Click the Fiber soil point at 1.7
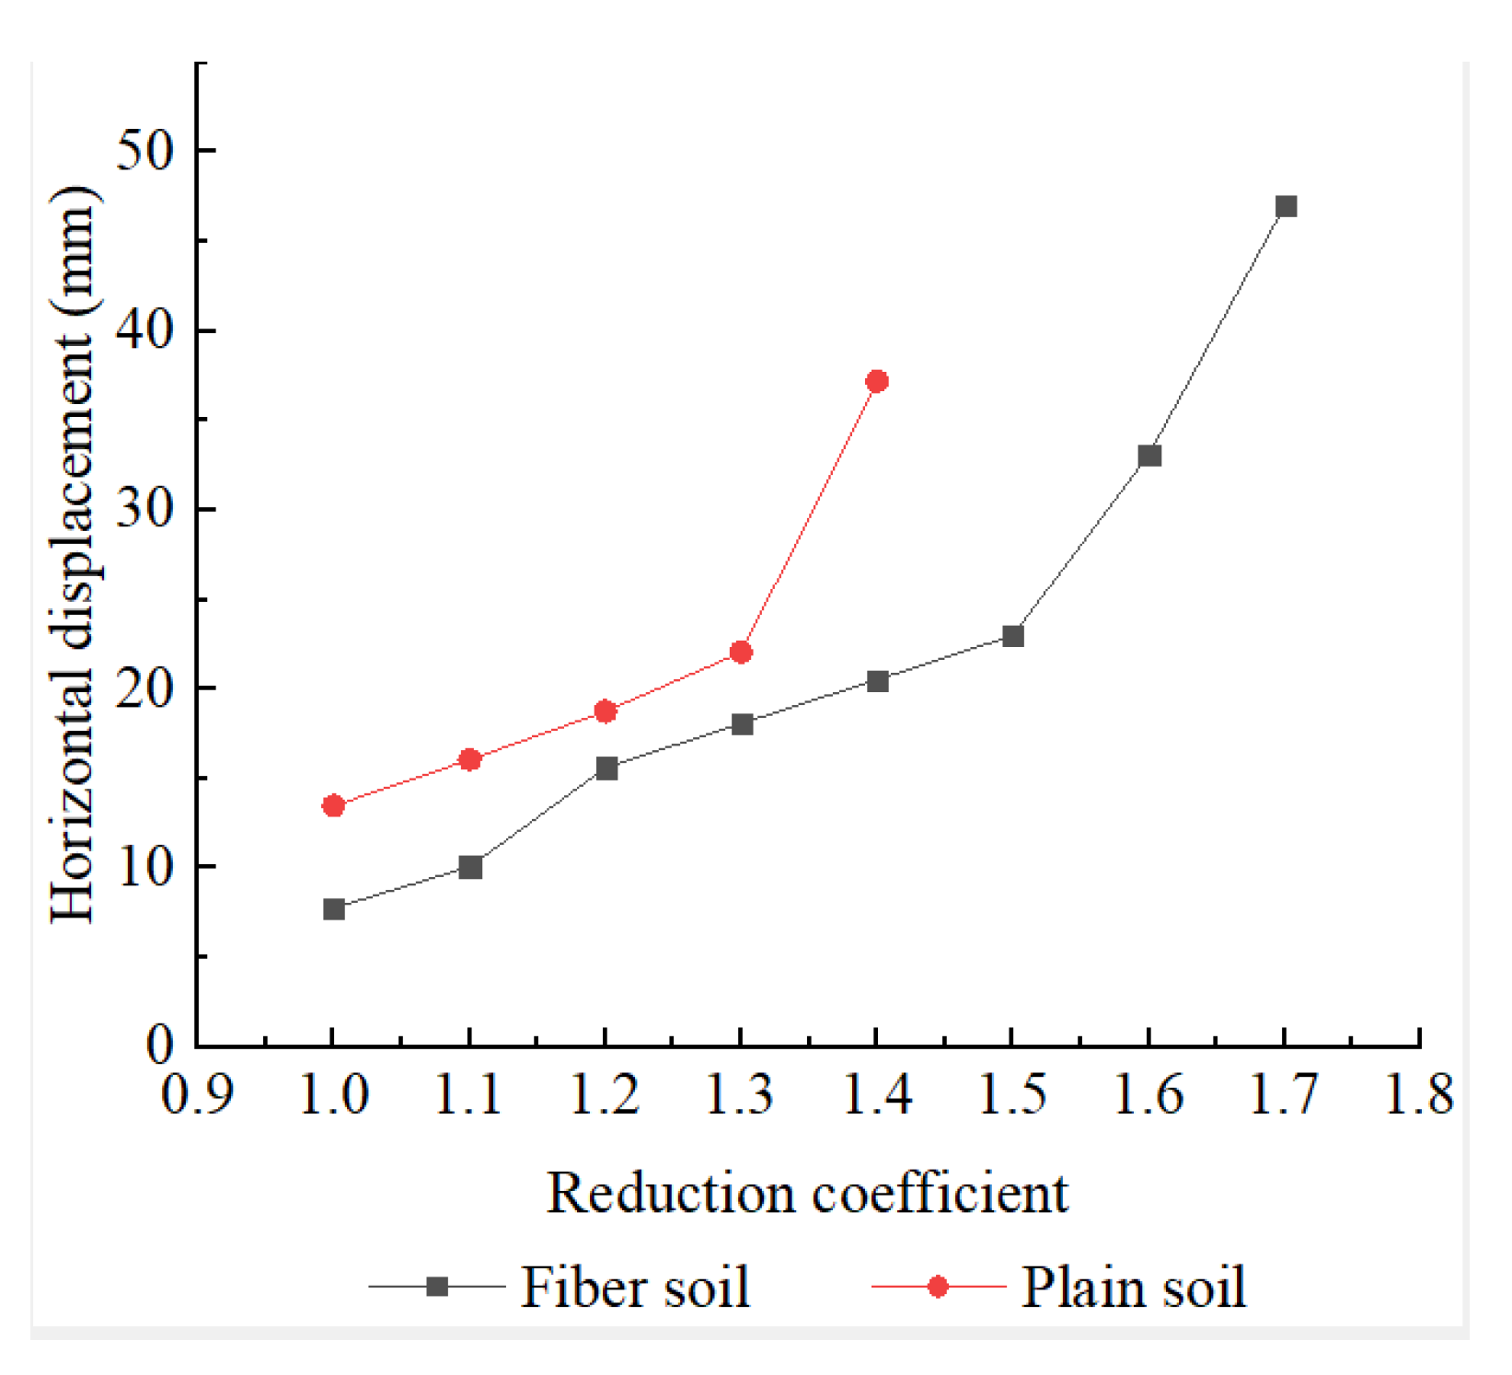(1286, 206)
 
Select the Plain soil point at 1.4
(877, 381)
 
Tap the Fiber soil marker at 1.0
(334, 909)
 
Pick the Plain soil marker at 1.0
(334, 806)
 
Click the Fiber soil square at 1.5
(1013, 636)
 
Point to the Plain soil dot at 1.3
(741, 653)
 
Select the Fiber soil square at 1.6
(1149, 456)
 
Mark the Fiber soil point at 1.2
(606, 768)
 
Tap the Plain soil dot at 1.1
(469, 760)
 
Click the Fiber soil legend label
(635, 1287)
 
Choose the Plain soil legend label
(1134, 1287)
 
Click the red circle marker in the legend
(938, 1287)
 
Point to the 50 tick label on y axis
(144, 150)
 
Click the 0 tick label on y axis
(160, 1046)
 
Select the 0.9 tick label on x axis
(197, 1095)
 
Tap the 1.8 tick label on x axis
(1419, 1095)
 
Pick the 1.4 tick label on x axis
(877, 1095)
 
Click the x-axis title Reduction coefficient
(807, 1194)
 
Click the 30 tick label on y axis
(144, 508)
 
